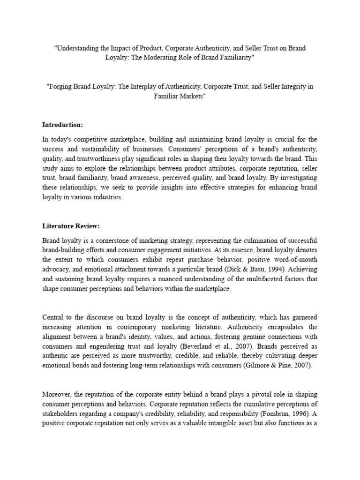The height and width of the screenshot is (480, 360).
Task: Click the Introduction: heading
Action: pos(62,125)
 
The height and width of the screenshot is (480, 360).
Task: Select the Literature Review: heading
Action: pos(71,226)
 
